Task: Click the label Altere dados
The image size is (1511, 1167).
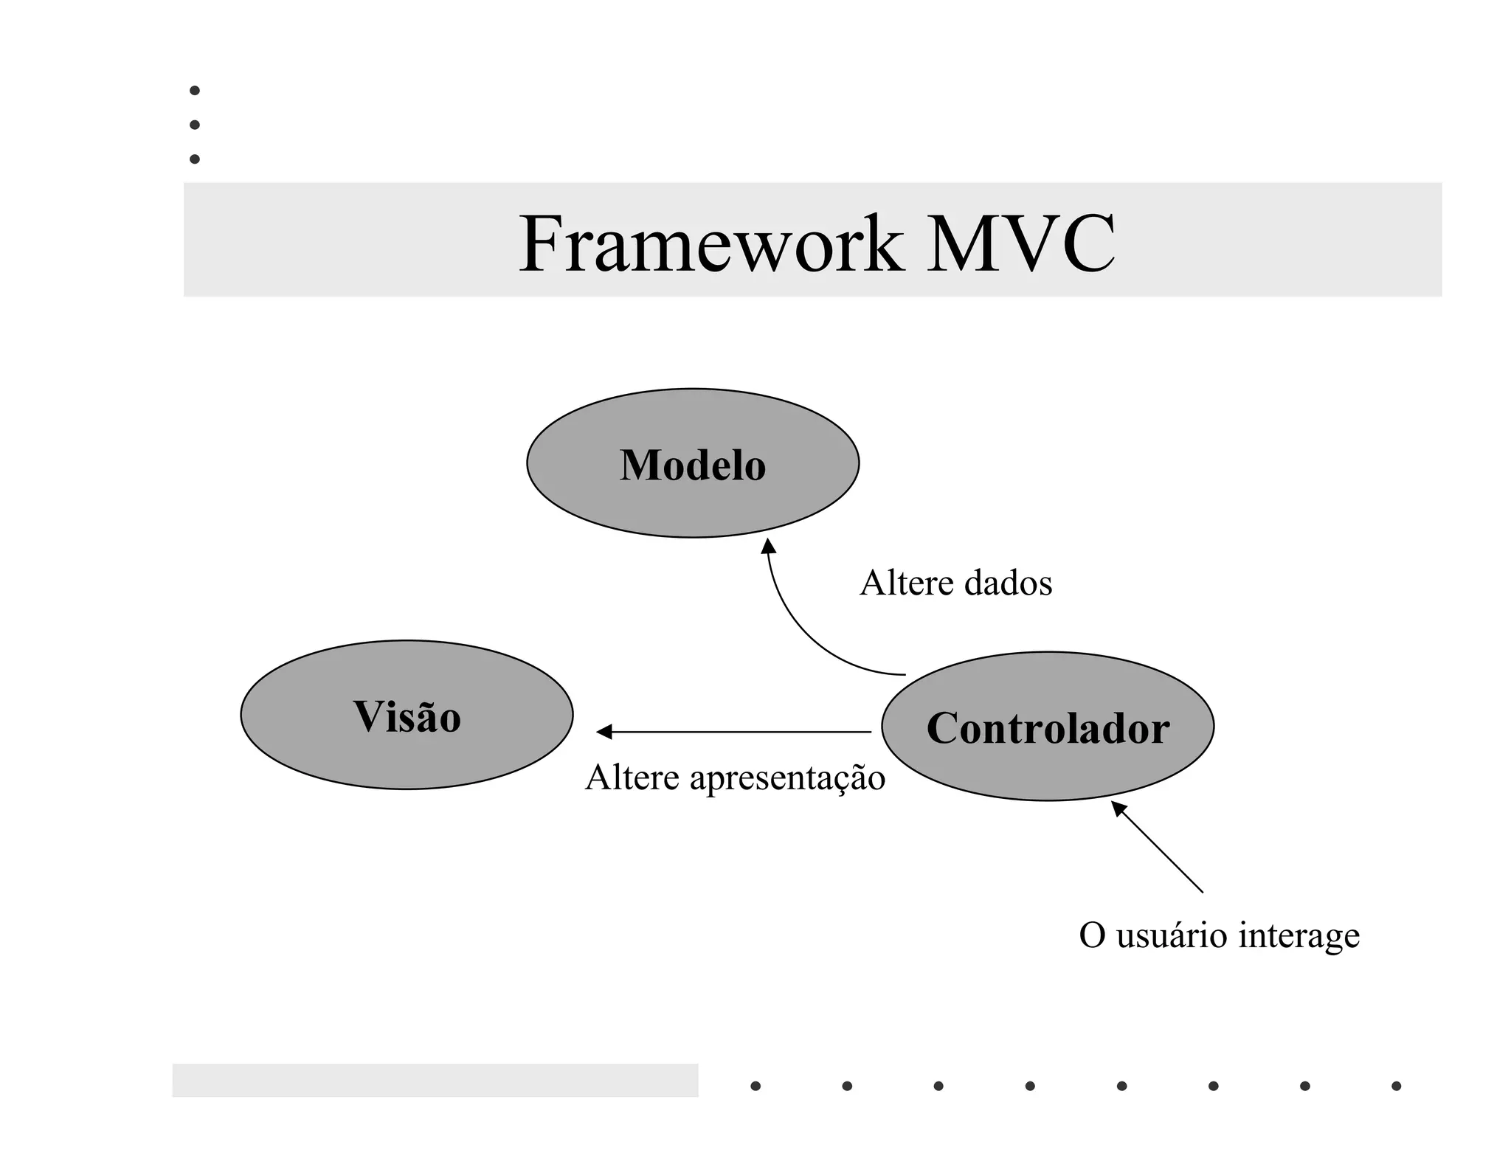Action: (x=956, y=583)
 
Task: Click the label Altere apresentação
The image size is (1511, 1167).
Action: (x=735, y=778)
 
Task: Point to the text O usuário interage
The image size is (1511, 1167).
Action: (x=1219, y=935)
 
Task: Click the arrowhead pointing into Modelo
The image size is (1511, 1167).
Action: (x=768, y=547)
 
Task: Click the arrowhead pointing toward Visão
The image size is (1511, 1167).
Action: (x=604, y=732)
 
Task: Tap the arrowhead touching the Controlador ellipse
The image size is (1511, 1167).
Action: (x=1119, y=808)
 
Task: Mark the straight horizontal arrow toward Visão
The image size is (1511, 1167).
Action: (x=738, y=732)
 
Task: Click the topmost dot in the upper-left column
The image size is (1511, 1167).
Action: (x=195, y=91)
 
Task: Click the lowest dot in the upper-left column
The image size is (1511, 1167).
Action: (x=195, y=159)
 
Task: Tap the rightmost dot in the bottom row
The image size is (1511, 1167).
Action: (x=1396, y=1086)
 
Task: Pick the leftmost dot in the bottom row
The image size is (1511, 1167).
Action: (x=755, y=1086)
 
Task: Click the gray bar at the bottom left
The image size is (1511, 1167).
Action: (x=435, y=1080)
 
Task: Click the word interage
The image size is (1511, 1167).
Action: (x=1299, y=935)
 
